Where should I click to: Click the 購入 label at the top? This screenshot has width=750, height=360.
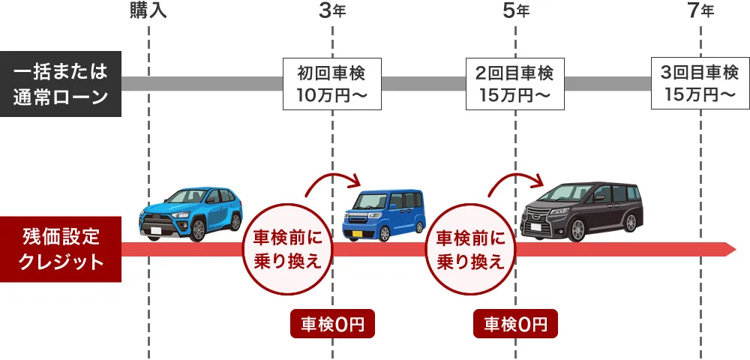148,10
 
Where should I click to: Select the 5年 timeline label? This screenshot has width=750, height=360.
515,10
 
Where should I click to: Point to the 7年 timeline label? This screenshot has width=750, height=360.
700,10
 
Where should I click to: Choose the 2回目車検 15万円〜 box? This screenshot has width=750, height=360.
515,83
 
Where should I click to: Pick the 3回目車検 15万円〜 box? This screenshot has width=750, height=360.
700,83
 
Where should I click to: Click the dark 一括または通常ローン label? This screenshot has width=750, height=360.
60,84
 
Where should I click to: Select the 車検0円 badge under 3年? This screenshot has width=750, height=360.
332,324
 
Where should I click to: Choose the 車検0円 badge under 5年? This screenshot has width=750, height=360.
515,324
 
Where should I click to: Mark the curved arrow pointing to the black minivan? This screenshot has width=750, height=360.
515,182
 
